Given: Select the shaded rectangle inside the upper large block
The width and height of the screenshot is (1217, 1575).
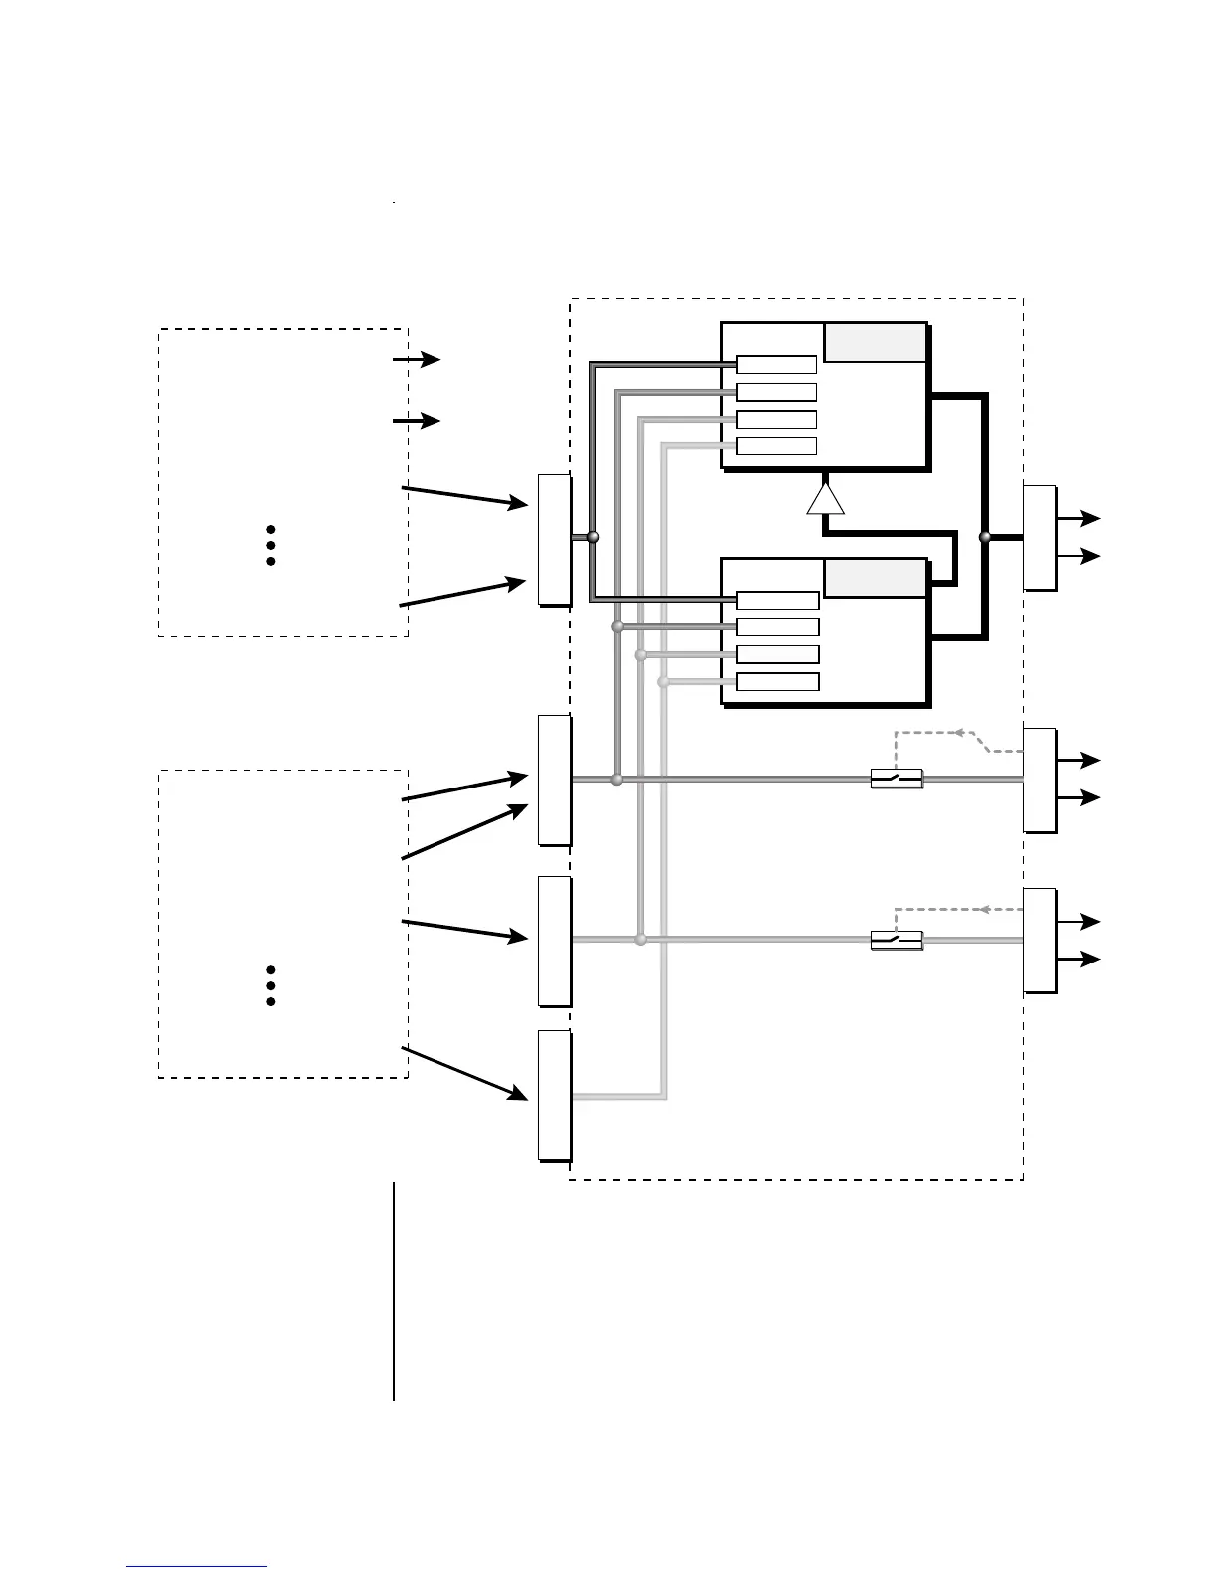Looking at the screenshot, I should [875, 343].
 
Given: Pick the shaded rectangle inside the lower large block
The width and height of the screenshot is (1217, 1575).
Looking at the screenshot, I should [875, 579].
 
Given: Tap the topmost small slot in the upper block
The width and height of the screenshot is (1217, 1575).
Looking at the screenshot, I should [777, 365].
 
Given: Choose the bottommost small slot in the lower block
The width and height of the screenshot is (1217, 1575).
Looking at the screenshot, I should [778, 682].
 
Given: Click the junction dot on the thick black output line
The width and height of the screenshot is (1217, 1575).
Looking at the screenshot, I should [985, 537].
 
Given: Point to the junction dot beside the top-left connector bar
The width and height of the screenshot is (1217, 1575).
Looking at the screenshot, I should [593, 537].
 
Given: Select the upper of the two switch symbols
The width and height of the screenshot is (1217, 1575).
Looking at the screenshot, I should [896, 779].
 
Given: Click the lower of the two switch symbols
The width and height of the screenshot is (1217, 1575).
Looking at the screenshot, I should [896, 940].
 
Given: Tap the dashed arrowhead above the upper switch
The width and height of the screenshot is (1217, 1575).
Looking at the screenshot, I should [959, 733].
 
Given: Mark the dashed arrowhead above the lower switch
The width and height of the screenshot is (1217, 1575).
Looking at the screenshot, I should [985, 909].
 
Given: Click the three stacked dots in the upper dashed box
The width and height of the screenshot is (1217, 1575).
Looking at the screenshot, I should [270, 546].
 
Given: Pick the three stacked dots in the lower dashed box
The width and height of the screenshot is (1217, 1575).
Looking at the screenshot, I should [270, 985].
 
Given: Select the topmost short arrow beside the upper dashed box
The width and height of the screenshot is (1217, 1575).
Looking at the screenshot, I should [417, 360].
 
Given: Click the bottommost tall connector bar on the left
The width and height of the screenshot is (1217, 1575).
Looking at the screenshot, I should [554, 1096].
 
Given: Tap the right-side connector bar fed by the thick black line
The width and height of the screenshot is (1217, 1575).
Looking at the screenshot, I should [1039, 538].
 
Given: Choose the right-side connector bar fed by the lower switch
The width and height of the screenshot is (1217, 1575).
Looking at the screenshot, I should [1039, 941].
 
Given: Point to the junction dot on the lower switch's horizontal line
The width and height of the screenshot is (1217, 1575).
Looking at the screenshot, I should [641, 940].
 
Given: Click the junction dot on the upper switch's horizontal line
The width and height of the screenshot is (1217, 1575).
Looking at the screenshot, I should [616, 780].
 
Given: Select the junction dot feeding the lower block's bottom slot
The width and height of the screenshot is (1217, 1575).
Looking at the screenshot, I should [664, 682].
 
